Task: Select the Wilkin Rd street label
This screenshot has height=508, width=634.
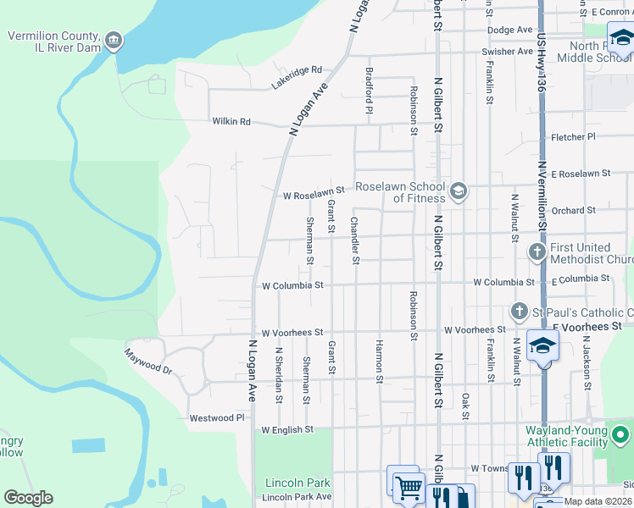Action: click(x=231, y=121)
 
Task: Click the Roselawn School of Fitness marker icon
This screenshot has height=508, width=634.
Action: click(x=459, y=191)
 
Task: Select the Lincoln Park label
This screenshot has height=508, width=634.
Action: click(x=298, y=483)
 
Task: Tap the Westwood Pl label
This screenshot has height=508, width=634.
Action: click(x=216, y=417)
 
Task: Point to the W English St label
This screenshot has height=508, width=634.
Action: click(x=287, y=430)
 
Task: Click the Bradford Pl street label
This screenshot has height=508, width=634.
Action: click(x=370, y=90)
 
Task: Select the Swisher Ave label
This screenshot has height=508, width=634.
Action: click(x=507, y=52)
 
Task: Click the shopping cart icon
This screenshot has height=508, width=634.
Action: click(x=409, y=486)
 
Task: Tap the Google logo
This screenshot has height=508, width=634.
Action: click(x=28, y=498)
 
